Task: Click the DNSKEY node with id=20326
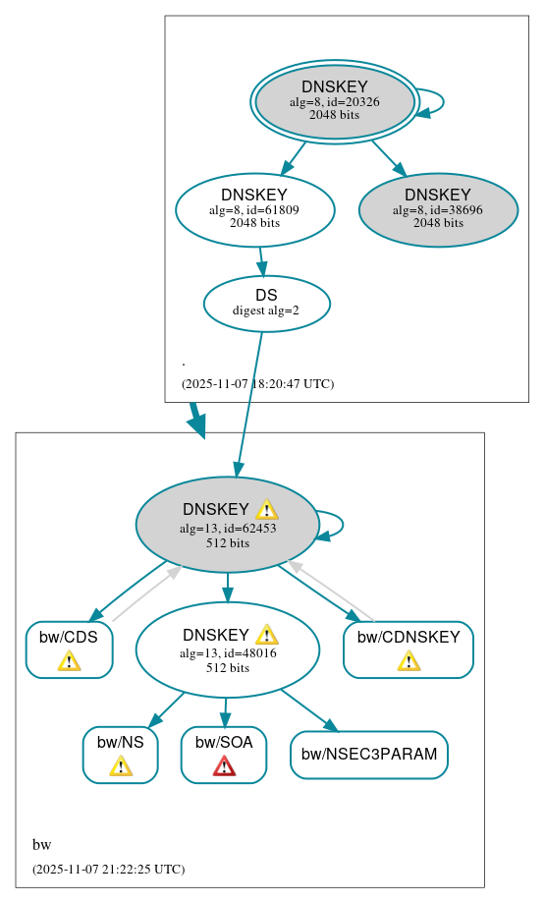(x=334, y=102)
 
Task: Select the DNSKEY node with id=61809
(x=254, y=209)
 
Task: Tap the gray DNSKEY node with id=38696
(x=438, y=209)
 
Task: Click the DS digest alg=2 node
(x=266, y=304)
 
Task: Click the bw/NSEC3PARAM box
(x=369, y=755)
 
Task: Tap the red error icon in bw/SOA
(x=224, y=765)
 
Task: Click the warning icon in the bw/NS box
(x=120, y=765)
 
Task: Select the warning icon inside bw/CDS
(x=69, y=660)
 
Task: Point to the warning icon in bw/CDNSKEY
(x=409, y=660)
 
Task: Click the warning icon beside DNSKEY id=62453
(x=266, y=509)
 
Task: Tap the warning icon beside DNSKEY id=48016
(x=266, y=635)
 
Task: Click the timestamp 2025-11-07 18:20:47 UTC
(x=257, y=384)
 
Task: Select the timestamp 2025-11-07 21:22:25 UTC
(x=108, y=870)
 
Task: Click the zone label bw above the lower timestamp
(x=41, y=845)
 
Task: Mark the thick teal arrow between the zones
(x=197, y=420)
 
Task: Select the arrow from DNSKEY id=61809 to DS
(x=261, y=261)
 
